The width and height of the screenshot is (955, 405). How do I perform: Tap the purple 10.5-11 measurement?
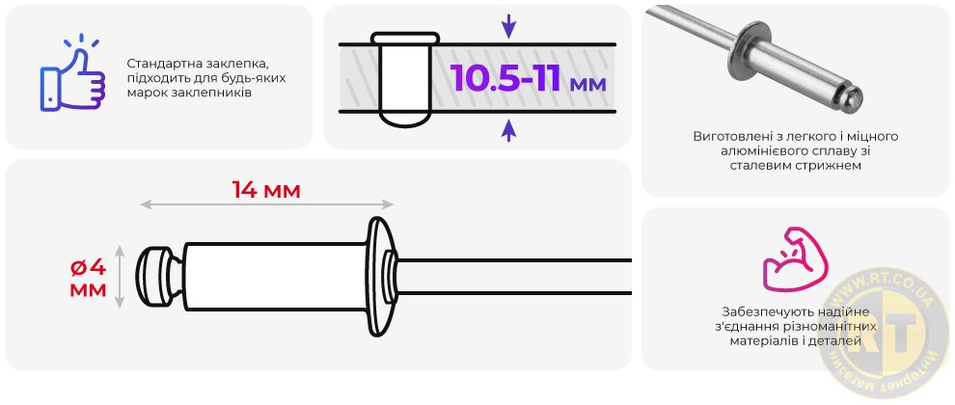point(505,77)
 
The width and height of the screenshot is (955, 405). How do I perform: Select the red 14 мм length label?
point(266,191)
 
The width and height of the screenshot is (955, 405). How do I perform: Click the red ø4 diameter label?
point(89,267)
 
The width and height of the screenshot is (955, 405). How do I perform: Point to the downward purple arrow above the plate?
point(508,27)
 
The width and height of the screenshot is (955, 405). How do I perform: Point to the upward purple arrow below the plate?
point(508,130)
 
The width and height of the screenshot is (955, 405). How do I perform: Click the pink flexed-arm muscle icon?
point(795,258)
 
